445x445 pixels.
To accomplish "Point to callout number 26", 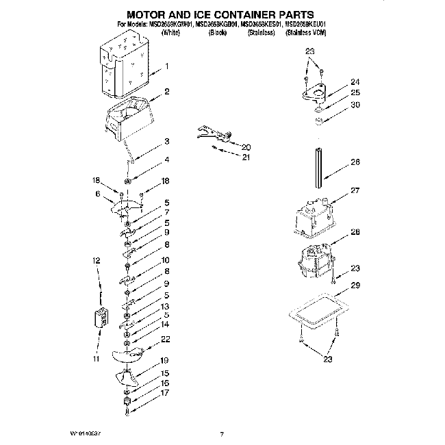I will pos(355,163).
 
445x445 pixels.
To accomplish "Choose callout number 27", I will pos(355,191).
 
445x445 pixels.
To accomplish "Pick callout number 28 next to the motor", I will pos(355,233).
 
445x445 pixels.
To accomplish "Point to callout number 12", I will pos(97,260).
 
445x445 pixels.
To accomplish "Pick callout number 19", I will pos(164,360).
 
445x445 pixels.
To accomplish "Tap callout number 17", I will pos(164,394).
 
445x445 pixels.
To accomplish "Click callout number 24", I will pos(355,80).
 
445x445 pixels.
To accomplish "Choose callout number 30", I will pos(355,105).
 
